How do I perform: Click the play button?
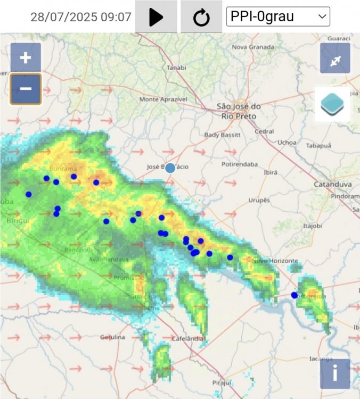[x=156, y=17]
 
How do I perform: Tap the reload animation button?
[x=201, y=17]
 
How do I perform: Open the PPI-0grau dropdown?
[x=278, y=16]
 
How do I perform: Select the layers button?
[x=333, y=104]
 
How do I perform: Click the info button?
[x=335, y=373]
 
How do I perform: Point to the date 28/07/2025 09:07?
[x=81, y=17]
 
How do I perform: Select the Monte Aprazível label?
[x=163, y=99]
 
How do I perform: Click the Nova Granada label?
[x=252, y=47]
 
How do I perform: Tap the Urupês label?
[x=259, y=200]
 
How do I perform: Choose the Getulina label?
[x=112, y=337]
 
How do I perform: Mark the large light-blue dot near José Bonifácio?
[x=170, y=168]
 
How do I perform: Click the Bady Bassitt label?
[x=223, y=135]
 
